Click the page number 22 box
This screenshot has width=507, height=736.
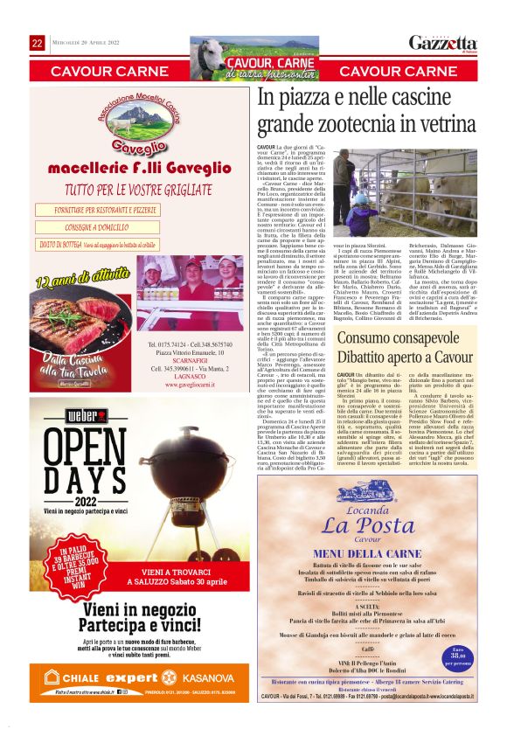tap(38, 43)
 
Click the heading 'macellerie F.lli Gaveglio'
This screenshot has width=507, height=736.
tap(134, 169)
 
